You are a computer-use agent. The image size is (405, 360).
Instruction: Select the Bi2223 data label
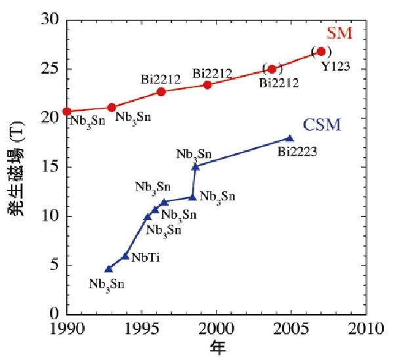[x=298, y=152]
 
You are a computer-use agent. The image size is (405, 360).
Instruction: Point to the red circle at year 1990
[x=67, y=112]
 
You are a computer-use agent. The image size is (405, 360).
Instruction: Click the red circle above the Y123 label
[x=321, y=51]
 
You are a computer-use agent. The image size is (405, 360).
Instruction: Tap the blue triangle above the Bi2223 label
[x=289, y=138]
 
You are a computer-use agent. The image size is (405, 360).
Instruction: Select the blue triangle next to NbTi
[x=125, y=256]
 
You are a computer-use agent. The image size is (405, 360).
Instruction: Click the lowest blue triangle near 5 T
[x=109, y=269]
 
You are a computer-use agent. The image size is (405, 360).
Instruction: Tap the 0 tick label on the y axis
[x=57, y=314]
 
